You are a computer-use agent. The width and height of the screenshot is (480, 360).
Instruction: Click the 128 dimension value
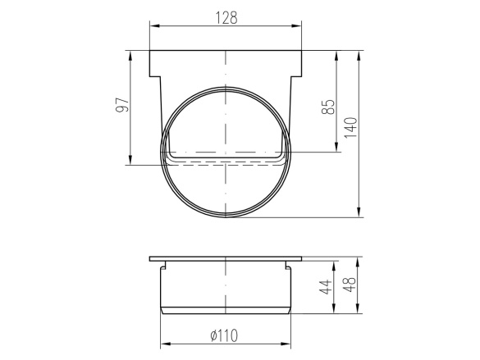[226, 18]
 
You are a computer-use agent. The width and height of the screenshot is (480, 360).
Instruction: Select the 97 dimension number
[122, 105]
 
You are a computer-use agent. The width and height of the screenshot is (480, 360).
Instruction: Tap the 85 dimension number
[329, 107]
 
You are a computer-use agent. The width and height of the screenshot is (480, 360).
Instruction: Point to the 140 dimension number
[351, 128]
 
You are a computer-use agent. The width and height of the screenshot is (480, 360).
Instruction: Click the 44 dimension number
[326, 287]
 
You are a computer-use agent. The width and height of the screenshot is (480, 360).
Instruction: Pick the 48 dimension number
[350, 285]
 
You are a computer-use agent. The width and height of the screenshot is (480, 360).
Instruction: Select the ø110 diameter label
[224, 335]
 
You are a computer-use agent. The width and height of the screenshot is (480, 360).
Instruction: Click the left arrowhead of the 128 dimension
[154, 26]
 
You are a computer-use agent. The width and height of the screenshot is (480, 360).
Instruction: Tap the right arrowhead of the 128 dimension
[296, 26]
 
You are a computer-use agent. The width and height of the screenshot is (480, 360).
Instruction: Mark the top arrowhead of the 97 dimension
[130, 56]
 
